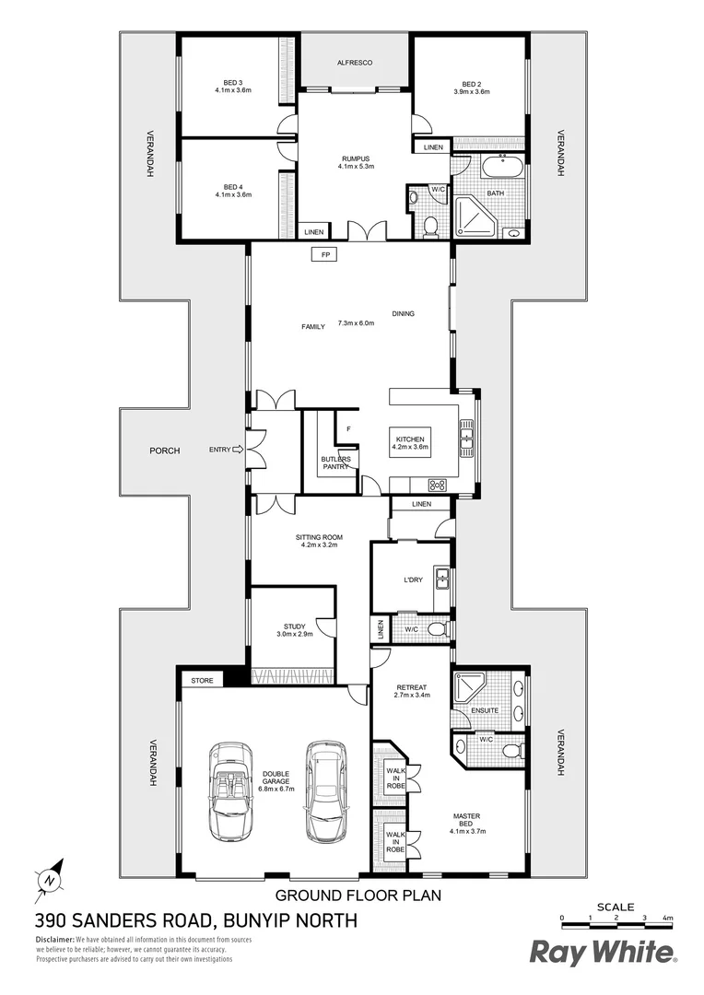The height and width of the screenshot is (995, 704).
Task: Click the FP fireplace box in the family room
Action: click(324, 254)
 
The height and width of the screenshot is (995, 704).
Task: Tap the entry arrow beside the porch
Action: click(238, 450)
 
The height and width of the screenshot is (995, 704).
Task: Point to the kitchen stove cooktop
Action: click(438, 486)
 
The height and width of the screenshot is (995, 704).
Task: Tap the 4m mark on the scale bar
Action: click(668, 919)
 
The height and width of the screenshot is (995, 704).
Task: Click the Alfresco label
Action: click(354, 62)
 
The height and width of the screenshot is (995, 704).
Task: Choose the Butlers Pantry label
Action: click(334, 462)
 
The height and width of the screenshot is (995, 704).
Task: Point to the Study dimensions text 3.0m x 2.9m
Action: click(295, 635)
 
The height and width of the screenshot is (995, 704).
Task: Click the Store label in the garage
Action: click(202, 681)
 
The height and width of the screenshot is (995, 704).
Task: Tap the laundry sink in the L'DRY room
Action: click(441, 579)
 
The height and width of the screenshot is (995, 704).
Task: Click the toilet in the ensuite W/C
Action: click(507, 751)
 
